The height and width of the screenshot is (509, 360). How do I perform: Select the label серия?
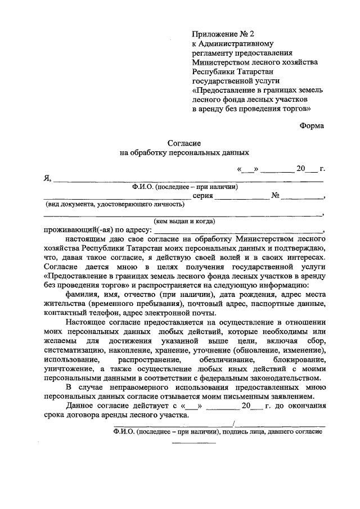pyautogui.click(x=202, y=196)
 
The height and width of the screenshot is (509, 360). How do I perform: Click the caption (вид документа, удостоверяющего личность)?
pyautogui.click(x=116, y=204)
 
